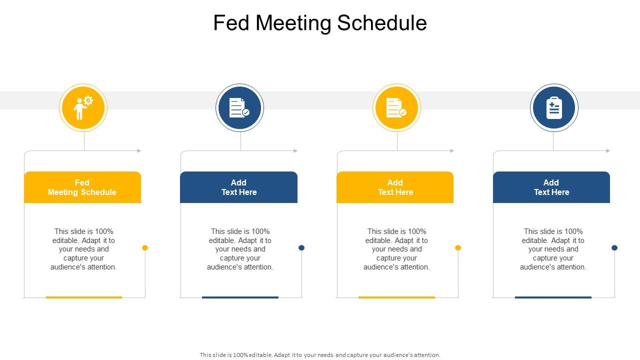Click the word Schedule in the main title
(x=382, y=23)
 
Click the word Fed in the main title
(x=231, y=23)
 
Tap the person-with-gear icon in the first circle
(x=83, y=107)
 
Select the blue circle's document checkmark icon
(x=239, y=107)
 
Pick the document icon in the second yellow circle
(x=396, y=107)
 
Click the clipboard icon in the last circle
(x=554, y=107)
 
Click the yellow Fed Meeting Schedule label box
(x=82, y=187)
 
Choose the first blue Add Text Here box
(x=239, y=187)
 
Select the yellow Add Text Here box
(x=395, y=187)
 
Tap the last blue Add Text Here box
(x=551, y=187)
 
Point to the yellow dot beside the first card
(x=145, y=247)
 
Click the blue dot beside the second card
(x=301, y=247)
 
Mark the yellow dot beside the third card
(x=458, y=247)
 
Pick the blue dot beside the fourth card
(x=614, y=247)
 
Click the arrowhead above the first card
(x=139, y=150)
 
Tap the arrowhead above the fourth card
(x=608, y=150)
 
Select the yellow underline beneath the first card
(x=84, y=297)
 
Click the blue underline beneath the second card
(x=240, y=297)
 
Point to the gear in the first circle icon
(x=88, y=100)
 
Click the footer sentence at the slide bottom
(x=320, y=355)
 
